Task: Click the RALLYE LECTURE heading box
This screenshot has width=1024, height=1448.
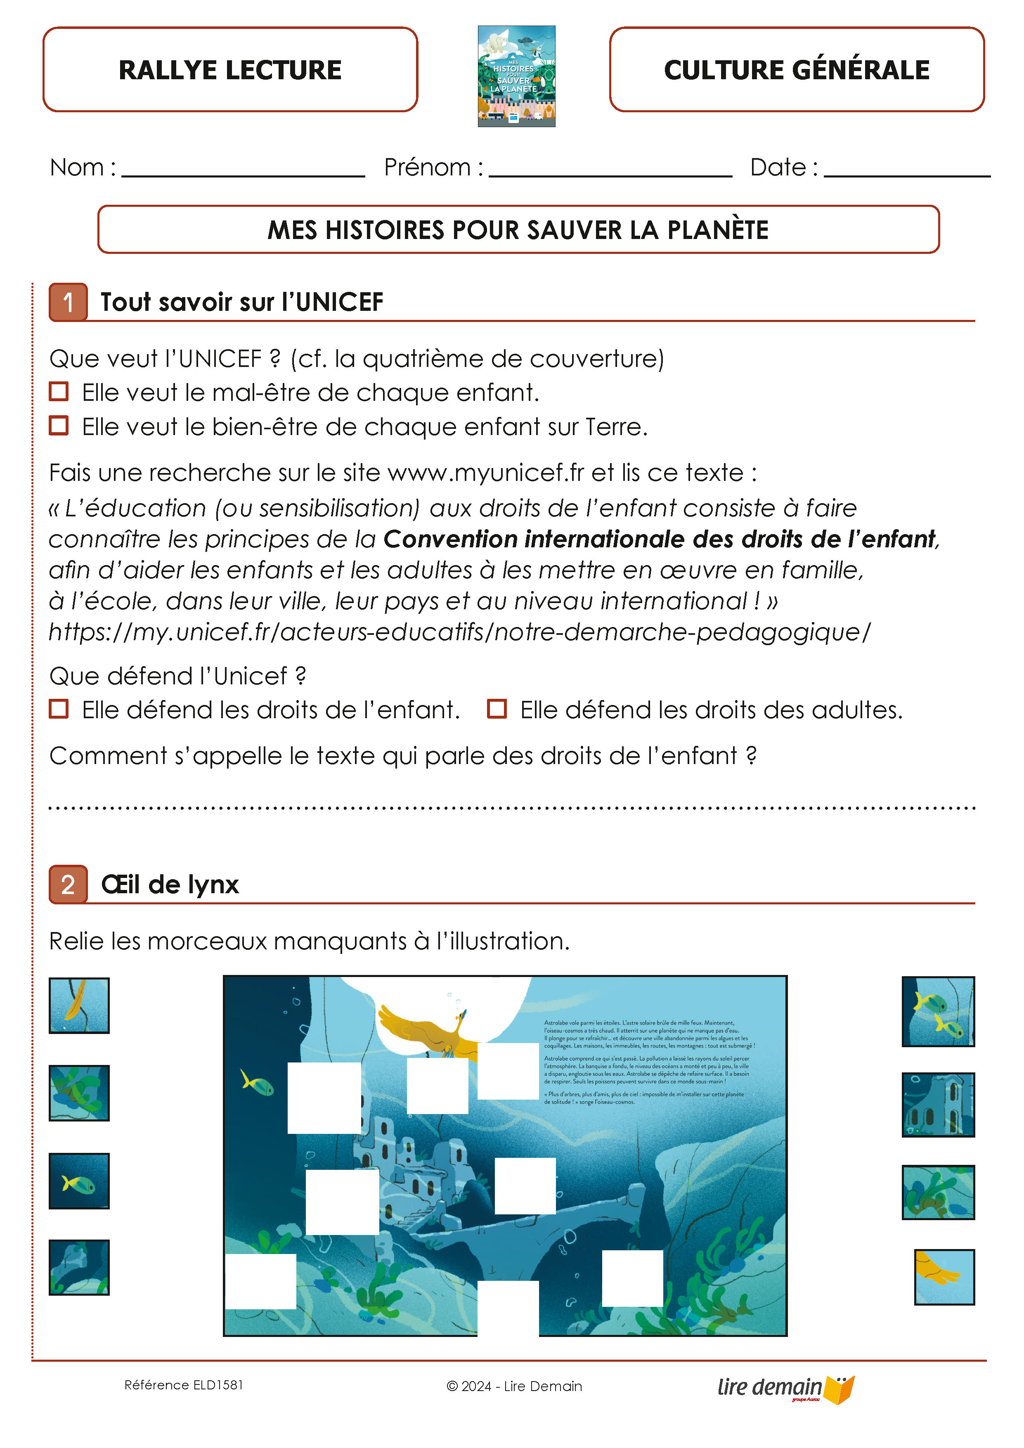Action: (230, 69)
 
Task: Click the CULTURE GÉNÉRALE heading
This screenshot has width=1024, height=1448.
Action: (796, 69)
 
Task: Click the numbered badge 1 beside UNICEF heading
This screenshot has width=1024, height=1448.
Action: (68, 302)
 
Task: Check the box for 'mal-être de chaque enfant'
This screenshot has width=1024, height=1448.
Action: (59, 392)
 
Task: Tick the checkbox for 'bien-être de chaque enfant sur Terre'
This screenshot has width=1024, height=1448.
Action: (59, 426)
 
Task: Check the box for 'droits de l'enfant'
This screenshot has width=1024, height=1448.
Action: (59, 709)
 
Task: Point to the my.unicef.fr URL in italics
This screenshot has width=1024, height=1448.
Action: (459, 631)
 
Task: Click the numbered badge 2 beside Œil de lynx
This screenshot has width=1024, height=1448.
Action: (68, 884)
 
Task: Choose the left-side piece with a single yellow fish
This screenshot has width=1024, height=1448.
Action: (79, 1181)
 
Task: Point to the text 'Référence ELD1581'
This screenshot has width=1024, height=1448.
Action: (184, 1385)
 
